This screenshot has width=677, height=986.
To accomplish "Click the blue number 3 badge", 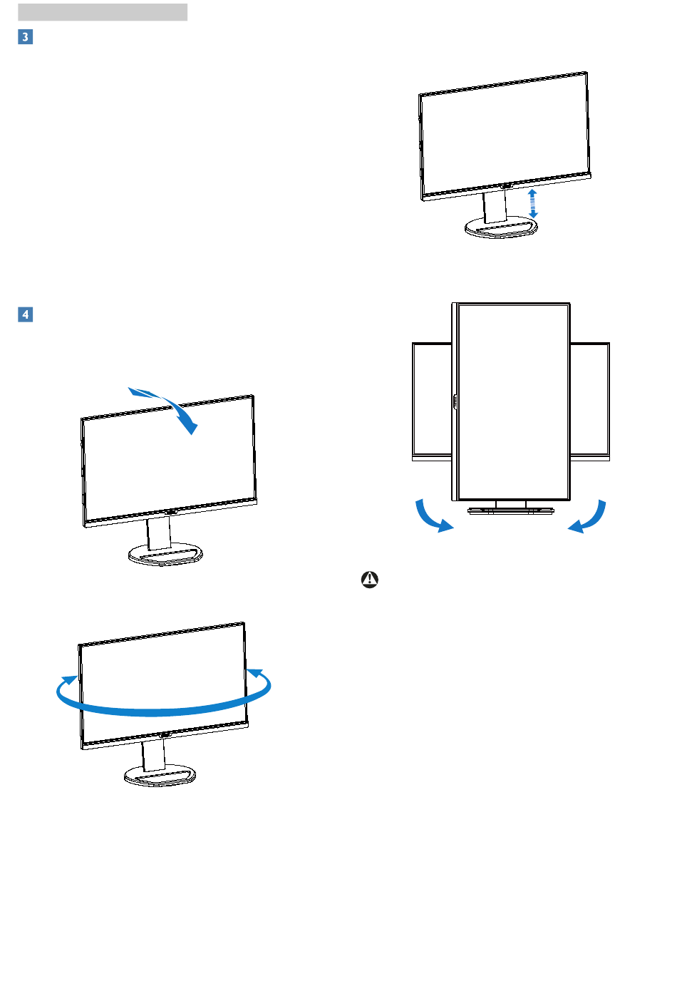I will tap(26, 36).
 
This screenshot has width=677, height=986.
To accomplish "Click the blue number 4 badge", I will tap(26, 314).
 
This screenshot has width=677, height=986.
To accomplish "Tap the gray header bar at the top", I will tap(103, 12).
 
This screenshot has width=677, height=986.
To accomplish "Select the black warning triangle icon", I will tap(370, 580).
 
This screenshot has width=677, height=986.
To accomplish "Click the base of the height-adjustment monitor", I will tap(501, 228).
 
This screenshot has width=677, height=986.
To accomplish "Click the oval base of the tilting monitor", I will tap(165, 554).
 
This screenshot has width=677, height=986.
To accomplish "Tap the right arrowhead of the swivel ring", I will tap(256, 674).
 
